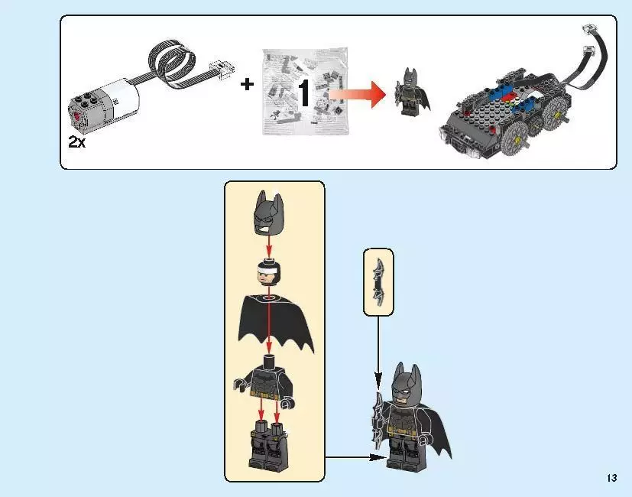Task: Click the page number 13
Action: coord(611,479)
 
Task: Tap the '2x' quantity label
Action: coord(77,142)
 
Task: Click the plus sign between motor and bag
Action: coord(247,85)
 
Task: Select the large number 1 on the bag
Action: coord(303,93)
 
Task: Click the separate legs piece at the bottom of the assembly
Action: coord(267,447)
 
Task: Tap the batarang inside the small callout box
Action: coord(378,281)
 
